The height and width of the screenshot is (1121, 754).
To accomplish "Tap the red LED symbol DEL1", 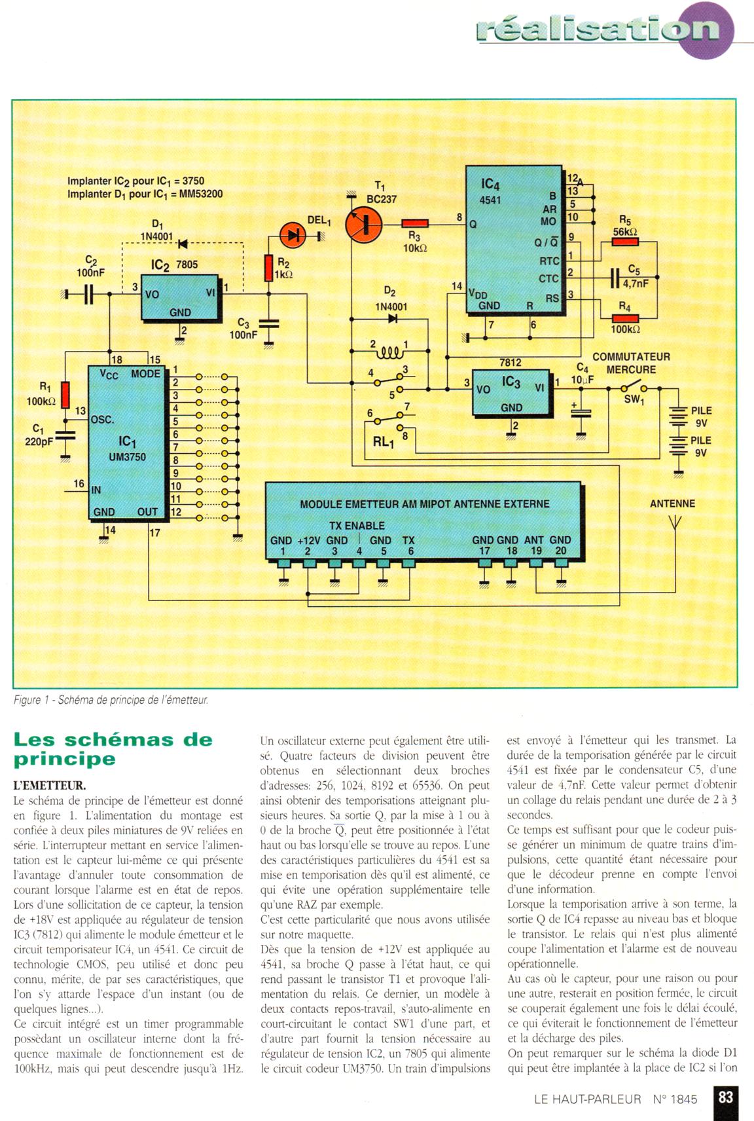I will pos(292,235).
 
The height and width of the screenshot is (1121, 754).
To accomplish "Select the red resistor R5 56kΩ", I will pos(624,242).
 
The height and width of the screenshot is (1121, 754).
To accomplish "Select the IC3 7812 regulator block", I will pos(512,392).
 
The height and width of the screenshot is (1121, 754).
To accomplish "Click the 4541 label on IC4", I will pos(490,200).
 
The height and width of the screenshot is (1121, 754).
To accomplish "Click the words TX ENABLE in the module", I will pos(357,525).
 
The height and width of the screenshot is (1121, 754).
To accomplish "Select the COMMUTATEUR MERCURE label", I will pos(631,363).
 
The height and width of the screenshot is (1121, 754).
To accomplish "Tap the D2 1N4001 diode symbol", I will pos(393,319).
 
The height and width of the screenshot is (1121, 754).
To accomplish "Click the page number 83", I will pos(726,1097).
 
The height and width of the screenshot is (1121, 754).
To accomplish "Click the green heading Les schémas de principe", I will pos(113,749).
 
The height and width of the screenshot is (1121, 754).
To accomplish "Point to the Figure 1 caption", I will pos(111,700).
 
